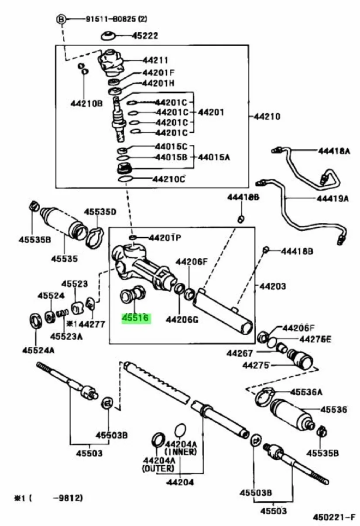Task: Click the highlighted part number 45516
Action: [x=136, y=318]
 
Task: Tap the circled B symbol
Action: [x=62, y=19]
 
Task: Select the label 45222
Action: [x=145, y=36]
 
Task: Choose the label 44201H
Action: [x=159, y=83]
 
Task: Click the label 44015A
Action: [x=214, y=157]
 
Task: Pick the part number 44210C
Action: [x=169, y=179]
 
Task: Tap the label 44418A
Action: [x=334, y=151]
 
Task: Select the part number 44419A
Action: [x=333, y=198]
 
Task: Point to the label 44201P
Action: [x=165, y=238]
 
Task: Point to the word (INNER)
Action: [x=181, y=452]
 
